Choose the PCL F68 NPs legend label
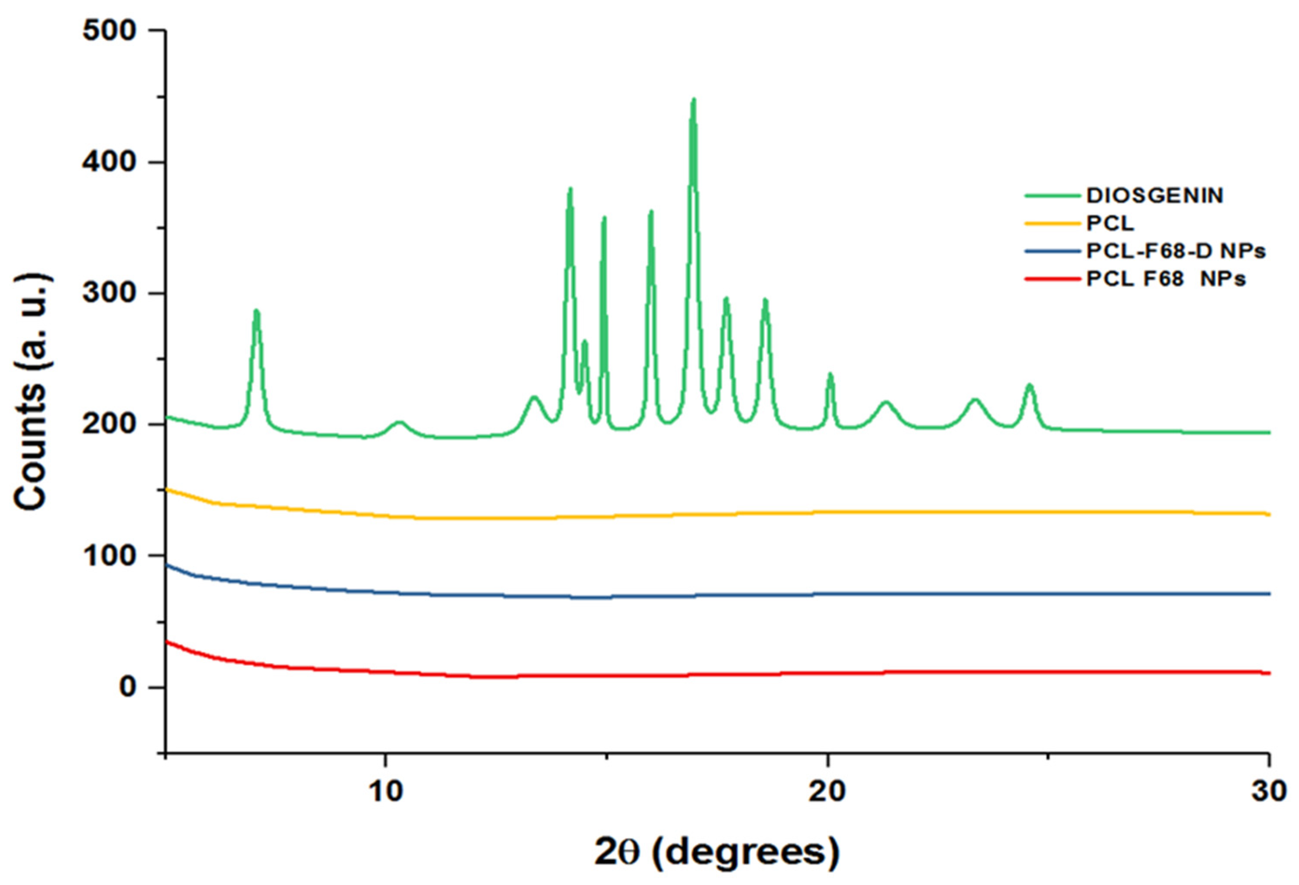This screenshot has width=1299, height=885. point(1165,279)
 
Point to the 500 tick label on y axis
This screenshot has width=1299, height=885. point(110,31)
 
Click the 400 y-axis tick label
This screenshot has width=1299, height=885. point(110,162)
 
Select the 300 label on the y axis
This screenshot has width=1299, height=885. point(110,294)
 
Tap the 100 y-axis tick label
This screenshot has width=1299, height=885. point(110,556)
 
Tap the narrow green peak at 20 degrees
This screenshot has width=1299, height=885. point(830,375)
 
